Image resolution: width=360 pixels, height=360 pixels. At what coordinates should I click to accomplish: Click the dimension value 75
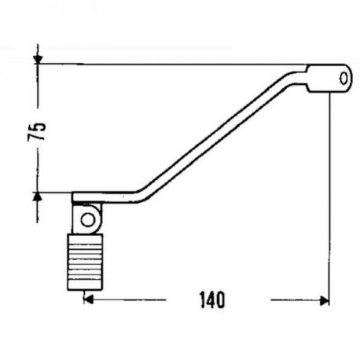pyautogui.click(x=37, y=131)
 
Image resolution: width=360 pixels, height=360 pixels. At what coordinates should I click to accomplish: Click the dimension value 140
pyautogui.click(x=212, y=299)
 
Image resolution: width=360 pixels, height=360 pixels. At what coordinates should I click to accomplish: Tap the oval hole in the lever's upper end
pyautogui.click(x=343, y=79)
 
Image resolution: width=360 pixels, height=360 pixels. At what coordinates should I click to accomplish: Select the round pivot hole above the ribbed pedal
pyautogui.click(x=88, y=220)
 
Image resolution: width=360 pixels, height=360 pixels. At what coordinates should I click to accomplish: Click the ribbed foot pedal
pyautogui.click(x=85, y=262)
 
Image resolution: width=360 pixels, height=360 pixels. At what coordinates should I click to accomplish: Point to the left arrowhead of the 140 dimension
pyautogui.click(x=89, y=299)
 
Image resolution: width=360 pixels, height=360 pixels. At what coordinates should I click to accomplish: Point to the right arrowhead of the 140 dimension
pyautogui.click(x=325, y=301)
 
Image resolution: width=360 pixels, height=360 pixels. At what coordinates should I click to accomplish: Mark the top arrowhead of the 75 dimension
pyautogui.click(x=38, y=59)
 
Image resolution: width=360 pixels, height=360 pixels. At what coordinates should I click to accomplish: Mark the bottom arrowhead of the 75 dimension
pyautogui.click(x=38, y=197)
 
